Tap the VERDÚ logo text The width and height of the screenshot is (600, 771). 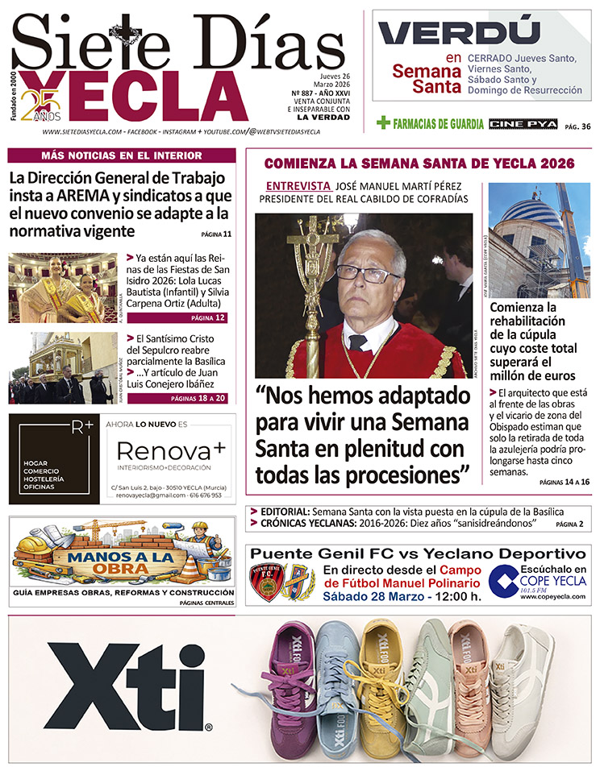[459, 33]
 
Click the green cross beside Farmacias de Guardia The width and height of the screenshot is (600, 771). [384, 123]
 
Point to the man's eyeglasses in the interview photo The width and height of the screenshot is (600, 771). [368, 274]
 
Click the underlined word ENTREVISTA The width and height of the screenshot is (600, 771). [298, 185]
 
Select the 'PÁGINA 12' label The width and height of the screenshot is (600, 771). [208, 318]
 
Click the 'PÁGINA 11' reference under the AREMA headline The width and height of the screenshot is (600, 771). [216, 234]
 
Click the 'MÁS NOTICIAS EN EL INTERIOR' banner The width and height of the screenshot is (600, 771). [122, 155]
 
